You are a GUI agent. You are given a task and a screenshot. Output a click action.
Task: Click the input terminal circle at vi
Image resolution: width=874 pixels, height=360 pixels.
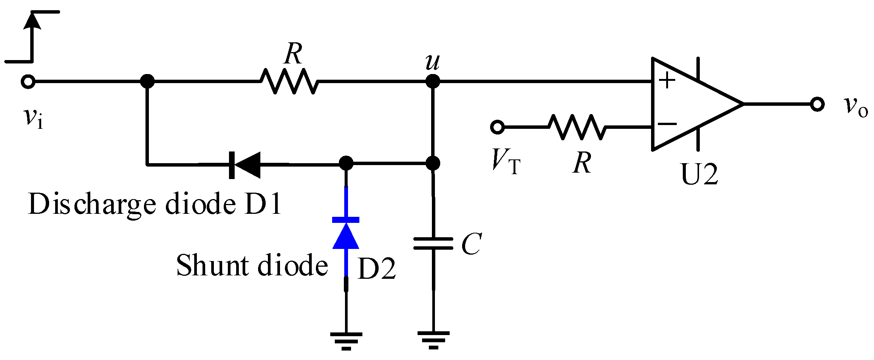28,82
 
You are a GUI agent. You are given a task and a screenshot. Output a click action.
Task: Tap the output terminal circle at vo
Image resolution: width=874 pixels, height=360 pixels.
817,104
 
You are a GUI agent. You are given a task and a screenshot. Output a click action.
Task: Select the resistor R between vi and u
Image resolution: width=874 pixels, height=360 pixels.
289,81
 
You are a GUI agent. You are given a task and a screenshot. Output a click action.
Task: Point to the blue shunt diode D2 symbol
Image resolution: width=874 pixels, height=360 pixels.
346,234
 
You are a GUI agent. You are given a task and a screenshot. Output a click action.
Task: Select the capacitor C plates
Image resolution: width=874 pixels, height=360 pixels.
433,244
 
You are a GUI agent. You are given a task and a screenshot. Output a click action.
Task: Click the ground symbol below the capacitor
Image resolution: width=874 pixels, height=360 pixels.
433,340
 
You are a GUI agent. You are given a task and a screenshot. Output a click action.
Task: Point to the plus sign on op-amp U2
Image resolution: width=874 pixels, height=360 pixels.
667,80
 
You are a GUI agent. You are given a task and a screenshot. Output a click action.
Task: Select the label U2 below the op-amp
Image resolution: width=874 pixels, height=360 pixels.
699,175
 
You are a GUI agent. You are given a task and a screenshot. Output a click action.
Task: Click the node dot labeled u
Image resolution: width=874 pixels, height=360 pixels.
433,81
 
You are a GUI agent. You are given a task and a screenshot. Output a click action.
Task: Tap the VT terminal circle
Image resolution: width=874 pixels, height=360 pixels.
497,127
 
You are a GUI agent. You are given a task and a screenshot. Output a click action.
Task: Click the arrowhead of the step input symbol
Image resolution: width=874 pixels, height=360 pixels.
32,21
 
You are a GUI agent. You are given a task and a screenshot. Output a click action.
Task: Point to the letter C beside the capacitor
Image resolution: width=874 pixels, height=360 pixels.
471,244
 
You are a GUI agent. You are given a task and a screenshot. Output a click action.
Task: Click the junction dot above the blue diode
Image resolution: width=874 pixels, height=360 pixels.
346,163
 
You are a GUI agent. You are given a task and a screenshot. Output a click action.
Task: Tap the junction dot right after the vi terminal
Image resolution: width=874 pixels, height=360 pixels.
147,81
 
